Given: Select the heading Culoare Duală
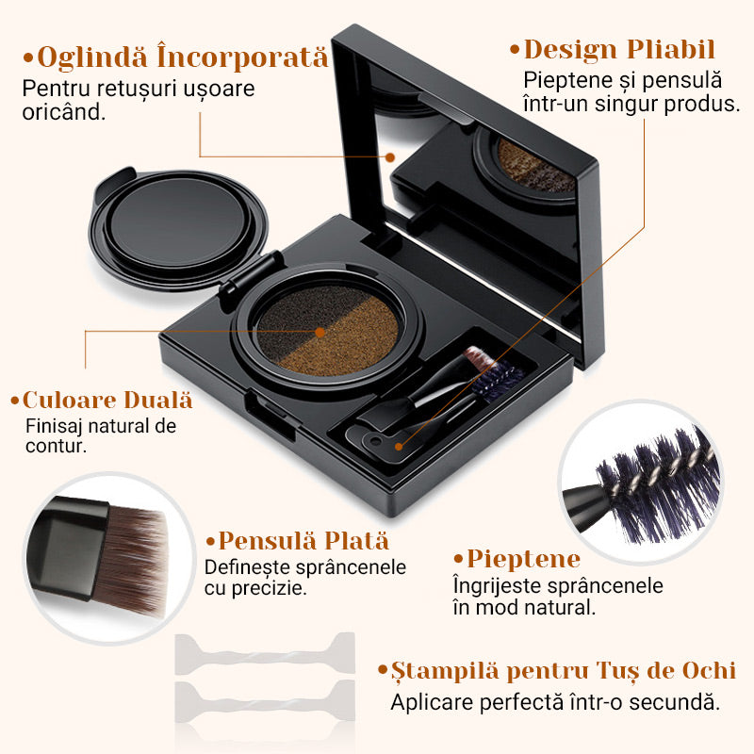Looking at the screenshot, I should point(107,400).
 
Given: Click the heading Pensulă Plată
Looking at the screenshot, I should point(302,541).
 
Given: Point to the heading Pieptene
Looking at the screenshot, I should point(521,559).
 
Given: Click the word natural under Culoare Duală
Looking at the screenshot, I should point(117,425).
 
